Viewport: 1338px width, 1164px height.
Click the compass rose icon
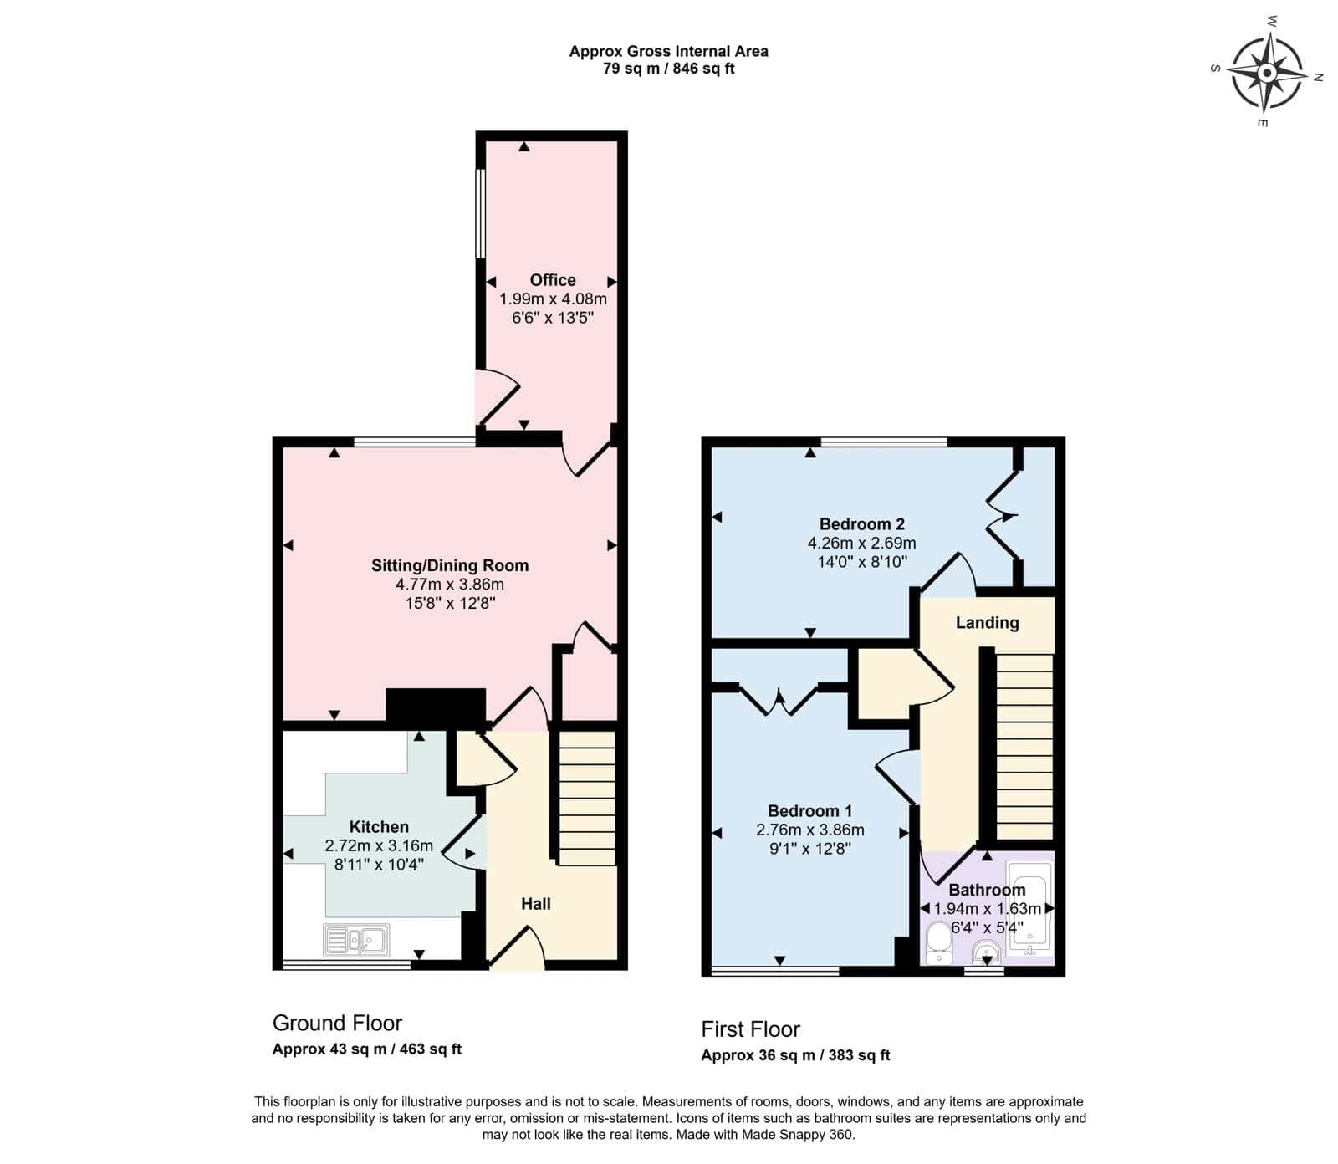[x=1268, y=73]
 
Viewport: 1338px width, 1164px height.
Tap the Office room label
[x=553, y=280]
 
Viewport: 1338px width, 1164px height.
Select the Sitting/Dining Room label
[x=450, y=565]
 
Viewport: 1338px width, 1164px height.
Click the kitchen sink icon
[x=356, y=941]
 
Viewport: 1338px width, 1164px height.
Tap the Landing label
[x=987, y=622]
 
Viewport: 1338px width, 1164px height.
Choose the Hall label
[x=536, y=903]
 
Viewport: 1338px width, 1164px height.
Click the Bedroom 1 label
[x=809, y=810]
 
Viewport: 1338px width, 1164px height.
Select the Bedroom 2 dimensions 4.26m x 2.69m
[x=861, y=543]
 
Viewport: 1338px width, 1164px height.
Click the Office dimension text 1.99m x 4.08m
[x=553, y=299]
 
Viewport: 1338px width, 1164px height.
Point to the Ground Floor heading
[x=337, y=1024]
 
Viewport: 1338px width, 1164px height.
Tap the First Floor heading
[x=750, y=1029]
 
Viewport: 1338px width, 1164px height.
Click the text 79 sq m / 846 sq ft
[x=668, y=69]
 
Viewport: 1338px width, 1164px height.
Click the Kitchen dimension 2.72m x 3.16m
[x=379, y=845]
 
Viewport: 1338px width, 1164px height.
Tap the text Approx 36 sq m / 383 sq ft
[x=795, y=1055]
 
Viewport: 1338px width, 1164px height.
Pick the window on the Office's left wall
[x=481, y=214]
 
